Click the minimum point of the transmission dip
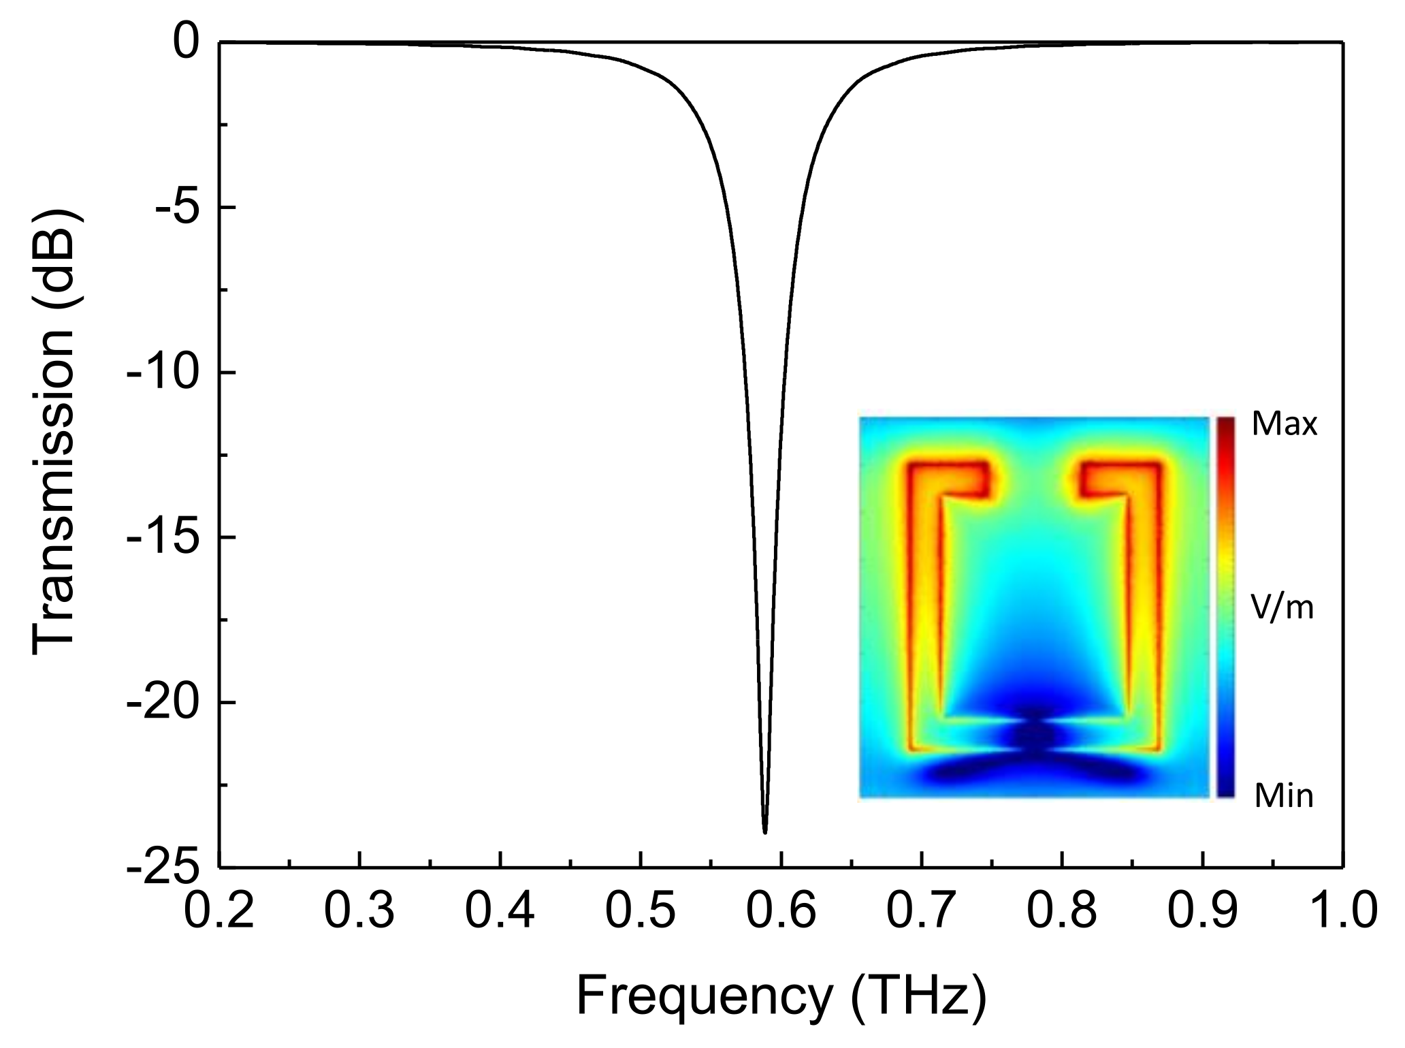pos(765,831)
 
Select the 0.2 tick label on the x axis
pos(219,911)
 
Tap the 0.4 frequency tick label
pos(500,911)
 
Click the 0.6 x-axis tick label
pos(781,911)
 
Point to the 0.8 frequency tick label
pos(1062,911)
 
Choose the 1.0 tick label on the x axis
pos(1341,911)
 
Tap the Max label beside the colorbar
pos(1285,426)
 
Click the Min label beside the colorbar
pos(1283,795)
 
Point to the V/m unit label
pos(1283,609)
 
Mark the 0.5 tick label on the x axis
pos(641,911)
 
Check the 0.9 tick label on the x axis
pos(1202,911)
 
